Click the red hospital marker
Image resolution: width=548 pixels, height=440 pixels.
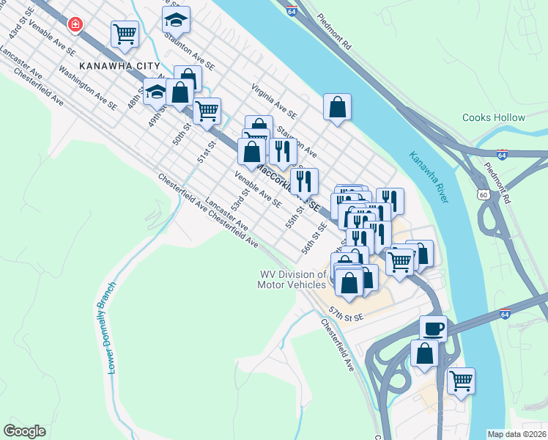pos(75,25)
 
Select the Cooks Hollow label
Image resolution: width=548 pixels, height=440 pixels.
pos(494,117)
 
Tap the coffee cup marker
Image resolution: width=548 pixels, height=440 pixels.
pos(433,327)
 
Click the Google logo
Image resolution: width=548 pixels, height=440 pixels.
pos(24,431)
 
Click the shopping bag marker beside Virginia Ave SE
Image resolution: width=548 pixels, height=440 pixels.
pos(337,107)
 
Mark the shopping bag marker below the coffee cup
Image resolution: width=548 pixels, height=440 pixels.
pos(425,353)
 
